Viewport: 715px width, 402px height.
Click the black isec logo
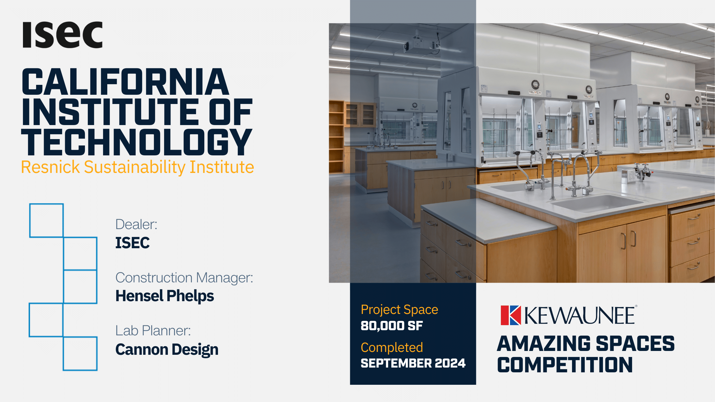[x=63, y=35]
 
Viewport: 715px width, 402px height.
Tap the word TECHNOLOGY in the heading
[x=137, y=142]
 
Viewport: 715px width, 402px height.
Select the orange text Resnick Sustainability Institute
[x=138, y=167]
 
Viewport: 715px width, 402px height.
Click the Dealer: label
[x=136, y=224]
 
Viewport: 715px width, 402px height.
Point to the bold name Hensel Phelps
[x=165, y=296]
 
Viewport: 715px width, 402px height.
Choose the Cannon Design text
[x=167, y=349]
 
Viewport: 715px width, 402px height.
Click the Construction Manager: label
[x=184, y=278]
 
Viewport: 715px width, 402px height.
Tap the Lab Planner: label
[x=153, y=331]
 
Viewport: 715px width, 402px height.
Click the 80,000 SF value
[x=392, y=326]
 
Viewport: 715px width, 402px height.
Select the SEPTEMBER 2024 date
[x=413, y=363]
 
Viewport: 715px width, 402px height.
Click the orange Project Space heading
[x=399, y=310]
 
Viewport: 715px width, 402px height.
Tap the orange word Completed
[x=392, y=347]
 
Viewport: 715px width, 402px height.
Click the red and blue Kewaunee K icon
[x=511, y=315]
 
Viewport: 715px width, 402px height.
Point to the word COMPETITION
[x=565, y=365]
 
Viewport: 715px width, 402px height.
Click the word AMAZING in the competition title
[x=544, y=344]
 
